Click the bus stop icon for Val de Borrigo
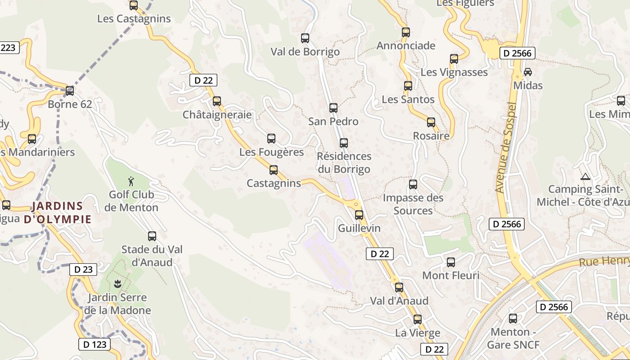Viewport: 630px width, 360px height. [305, 38]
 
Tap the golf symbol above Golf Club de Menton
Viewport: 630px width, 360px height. [131, 181]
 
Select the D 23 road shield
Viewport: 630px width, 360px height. [83, 270]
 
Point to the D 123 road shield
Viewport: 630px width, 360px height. [94, 344]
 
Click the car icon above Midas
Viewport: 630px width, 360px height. [527, 72]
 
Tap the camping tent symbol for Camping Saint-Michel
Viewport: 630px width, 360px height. [585, 176]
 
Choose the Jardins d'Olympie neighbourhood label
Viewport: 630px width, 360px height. [58, 213]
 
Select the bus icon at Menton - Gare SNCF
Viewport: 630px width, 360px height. [513, 319]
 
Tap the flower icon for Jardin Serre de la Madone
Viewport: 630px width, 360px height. [117, 283]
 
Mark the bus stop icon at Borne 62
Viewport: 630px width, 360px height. [70, 91]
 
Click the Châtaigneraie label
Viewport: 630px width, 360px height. [217, 115]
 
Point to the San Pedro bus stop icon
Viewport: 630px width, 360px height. [333, 108]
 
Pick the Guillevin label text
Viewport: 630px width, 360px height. [359, 228]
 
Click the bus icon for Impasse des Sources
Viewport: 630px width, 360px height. [413, 184]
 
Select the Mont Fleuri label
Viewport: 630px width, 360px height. [450, 275]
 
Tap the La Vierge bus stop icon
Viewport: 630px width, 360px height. [418, 319]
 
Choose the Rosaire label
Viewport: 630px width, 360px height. [431, 135]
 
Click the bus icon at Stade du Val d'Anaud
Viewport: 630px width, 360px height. [152, 236]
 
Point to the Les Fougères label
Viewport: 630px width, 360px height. [271, 152]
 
